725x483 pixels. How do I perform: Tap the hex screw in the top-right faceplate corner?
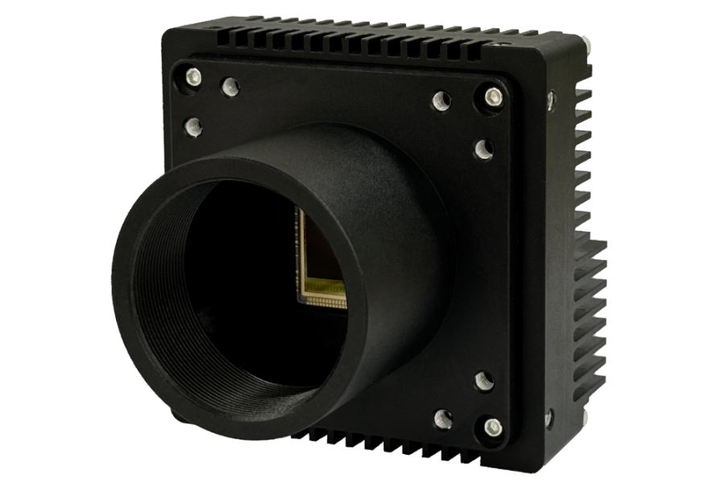[491, 97]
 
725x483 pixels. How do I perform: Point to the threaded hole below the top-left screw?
[193, 126]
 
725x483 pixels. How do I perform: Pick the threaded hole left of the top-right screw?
[441, 101]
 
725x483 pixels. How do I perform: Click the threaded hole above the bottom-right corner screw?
[483, 381]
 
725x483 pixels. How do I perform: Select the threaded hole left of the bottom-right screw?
[441, 417]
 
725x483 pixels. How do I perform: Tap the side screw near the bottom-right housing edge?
[550, 419]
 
